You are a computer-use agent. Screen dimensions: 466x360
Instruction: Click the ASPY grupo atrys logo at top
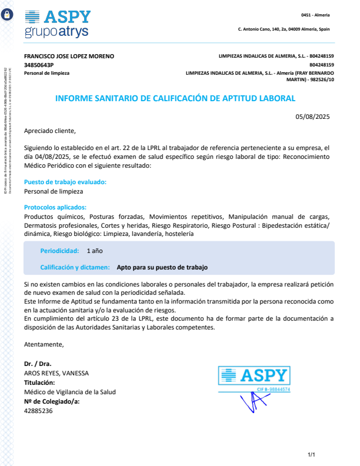click(x=58, y=24)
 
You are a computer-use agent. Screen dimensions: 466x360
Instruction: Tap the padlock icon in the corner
click(x=7, y=16)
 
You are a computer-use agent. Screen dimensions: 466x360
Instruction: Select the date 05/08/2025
click(x=313, y=116)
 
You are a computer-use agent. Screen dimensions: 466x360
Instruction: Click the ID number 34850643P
click(x=39, y=65)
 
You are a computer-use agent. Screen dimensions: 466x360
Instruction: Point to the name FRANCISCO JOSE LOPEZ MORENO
click(x=69, y=56)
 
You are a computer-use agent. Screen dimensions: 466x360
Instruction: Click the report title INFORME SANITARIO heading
click(x=175, y=99)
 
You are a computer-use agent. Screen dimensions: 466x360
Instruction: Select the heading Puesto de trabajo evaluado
click(x=65, y=182)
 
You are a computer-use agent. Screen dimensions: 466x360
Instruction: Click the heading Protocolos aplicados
click(x=55, y=207)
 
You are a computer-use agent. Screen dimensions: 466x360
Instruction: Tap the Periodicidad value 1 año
click(x=95, y=251)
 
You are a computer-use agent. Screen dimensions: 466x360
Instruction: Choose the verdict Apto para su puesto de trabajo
click(x=162, y=267)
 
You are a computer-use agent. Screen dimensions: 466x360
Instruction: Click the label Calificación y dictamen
click(x=75, y=267)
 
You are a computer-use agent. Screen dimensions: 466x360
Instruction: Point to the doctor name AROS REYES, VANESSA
click(x=56, y=373)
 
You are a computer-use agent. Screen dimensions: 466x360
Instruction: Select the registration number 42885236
click(x=38, y=411)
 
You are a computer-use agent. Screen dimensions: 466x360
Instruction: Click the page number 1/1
click(x=312, y=455)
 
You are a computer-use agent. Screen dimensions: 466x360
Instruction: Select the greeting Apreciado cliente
click(x=50, y=131)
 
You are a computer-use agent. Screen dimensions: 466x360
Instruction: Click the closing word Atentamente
click(x=44, y=344)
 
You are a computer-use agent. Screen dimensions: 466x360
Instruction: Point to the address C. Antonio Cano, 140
click(x=284, y=29)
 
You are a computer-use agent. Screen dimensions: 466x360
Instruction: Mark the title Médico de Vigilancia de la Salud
click(x=69, y=392)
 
